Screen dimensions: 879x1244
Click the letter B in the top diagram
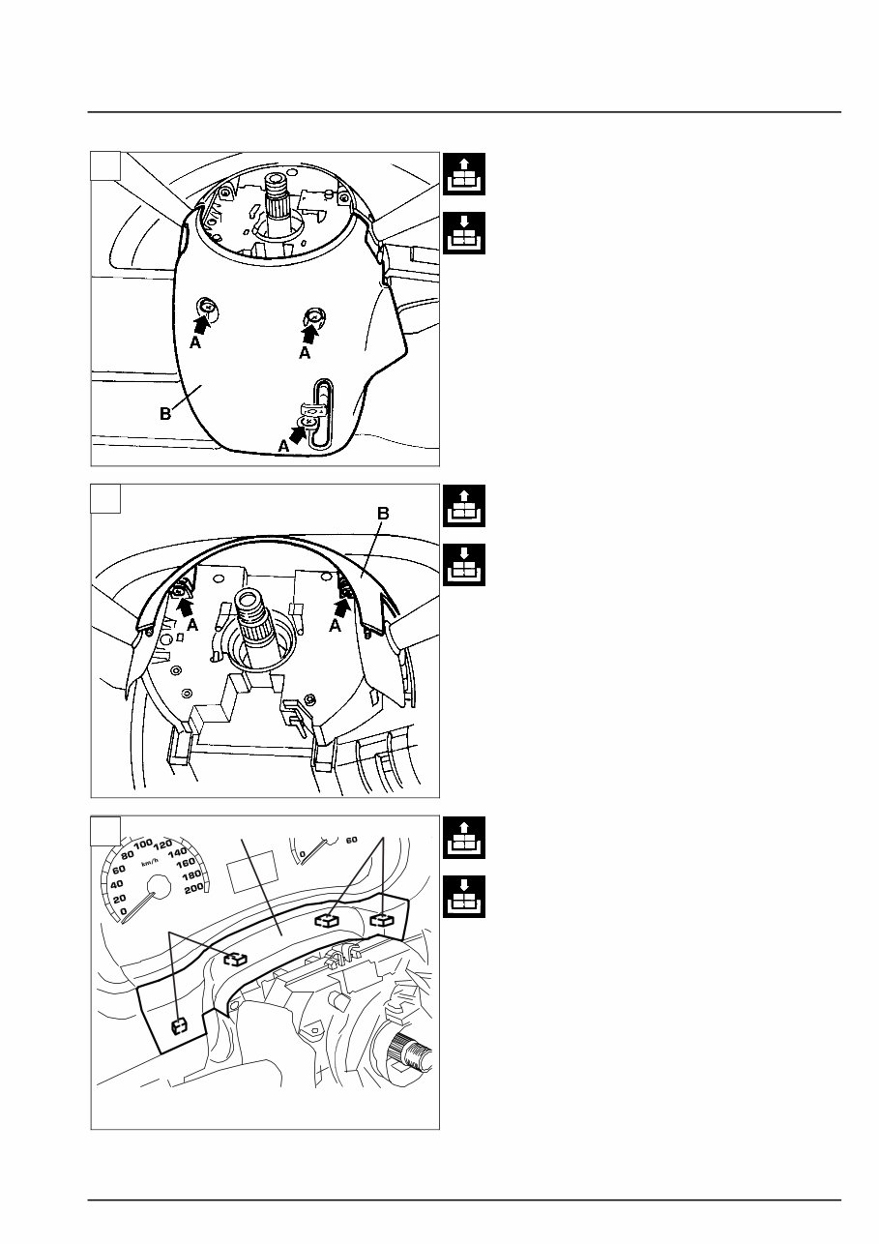(165, 414)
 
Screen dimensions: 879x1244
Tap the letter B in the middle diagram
(383, 513)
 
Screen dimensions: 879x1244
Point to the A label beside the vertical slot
(283, 445)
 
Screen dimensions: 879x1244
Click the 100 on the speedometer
(143, 844)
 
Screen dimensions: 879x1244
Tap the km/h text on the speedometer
(149, 863)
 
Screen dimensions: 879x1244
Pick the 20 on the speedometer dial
(119, 899)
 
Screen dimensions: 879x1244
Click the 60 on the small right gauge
(351, 840)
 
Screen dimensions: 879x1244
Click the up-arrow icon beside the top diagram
(463, 174)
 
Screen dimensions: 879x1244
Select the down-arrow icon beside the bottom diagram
(463, 897)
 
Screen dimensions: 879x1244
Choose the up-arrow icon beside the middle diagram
(463, 506)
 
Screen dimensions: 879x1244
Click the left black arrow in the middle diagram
(185, 607)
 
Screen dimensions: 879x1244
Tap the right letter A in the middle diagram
(335, 627)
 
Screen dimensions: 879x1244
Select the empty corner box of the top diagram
(105, 166)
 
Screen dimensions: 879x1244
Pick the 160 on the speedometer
(186, 863)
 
